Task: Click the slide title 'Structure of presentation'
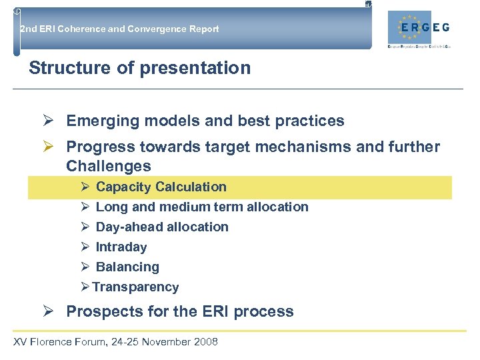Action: (140, 68)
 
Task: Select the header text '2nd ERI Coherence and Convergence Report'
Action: (119, 29)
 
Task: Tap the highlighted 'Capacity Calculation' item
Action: (161, 187)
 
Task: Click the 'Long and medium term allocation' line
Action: (202, 207)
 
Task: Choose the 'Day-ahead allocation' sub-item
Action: (162, 227)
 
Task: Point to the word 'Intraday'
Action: (121, 247)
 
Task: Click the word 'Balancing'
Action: (127, 267)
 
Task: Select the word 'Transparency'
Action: (135, 287)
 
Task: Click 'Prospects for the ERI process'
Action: (180, 311)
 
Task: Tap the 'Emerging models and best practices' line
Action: (205, 121)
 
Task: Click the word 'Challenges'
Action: (109, 166)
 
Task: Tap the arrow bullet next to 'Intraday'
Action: (85, 247)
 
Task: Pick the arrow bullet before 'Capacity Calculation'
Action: (85, 187)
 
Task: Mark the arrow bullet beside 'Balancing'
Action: (85, 267)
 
